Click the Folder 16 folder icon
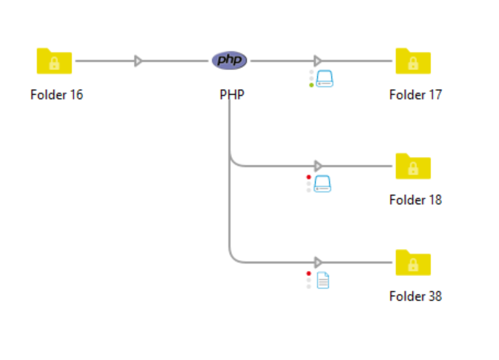(x=54, y=61)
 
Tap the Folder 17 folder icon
(x=413, y=61)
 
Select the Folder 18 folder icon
(x=413, y=166)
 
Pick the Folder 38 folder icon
(x=413, y=263)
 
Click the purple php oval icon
(x=230, y=61)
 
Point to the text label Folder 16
(x=57, y=95)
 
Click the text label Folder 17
(x=416, y=95)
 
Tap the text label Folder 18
(x=416, y=200)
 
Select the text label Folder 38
(x=416, y=296)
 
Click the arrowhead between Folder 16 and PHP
(x=139, y=61)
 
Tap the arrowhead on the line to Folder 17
(x=318, y=61)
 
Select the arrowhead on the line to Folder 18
(x=318, y=166)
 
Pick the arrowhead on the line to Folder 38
(x=318, y=262)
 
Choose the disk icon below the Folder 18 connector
(x=323, y=184)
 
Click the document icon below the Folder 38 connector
(x=323, y=280)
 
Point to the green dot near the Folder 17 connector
(x=312, y=85)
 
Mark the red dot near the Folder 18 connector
(x=309, y=177)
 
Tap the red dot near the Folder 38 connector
(x=309, y=273)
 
